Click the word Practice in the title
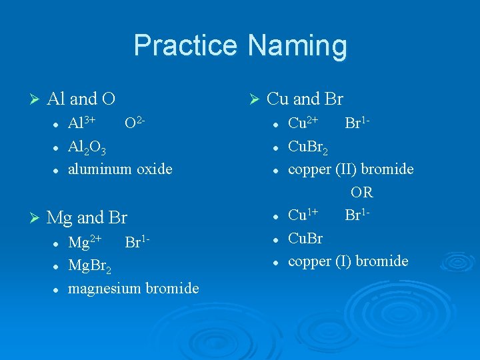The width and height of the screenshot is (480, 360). [186, 46]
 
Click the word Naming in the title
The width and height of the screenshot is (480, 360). [297, 46]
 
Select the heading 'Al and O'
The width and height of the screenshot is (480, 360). [81, 99]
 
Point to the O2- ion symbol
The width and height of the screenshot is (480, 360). [135, 123]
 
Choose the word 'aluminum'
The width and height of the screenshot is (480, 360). [101, 169]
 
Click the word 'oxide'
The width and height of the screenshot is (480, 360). [154, 169]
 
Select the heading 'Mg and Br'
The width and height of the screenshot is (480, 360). [87, 217]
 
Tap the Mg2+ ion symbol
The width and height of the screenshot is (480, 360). [85, 241]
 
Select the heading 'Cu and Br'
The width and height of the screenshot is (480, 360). [304, 99]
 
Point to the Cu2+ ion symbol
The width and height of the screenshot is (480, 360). [303, 123]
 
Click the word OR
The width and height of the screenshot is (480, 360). [362, 193]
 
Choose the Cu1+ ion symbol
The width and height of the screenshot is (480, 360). [303, 215]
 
